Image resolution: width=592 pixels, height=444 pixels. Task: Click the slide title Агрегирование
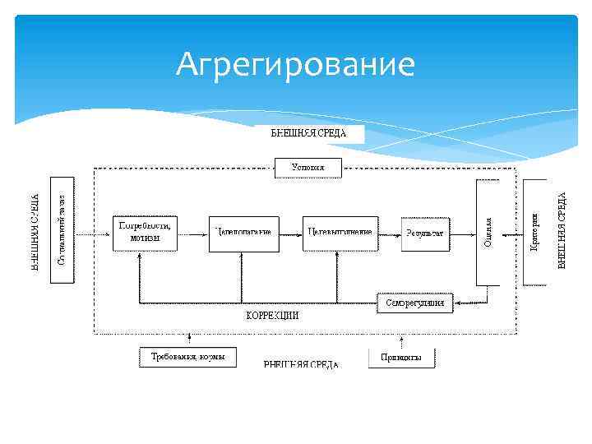[x=295, y=64]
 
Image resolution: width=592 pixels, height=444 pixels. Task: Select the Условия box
[x=308, y=168]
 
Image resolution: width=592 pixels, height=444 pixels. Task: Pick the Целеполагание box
[x=243, y=233]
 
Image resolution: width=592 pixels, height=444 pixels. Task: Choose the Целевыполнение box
[x=340, y=233]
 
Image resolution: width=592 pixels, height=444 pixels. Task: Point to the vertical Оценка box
[x=488, y=232]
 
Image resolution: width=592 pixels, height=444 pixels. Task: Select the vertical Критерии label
[x=535, y=232]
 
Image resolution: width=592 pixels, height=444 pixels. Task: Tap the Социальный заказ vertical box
[x=62, y=229]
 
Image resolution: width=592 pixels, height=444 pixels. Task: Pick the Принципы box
[x=401, y=358]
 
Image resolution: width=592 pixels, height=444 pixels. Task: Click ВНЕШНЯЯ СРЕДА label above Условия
[x=308, y=133]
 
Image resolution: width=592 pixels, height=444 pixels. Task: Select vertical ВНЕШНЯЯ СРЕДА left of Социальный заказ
[x=36, y=232]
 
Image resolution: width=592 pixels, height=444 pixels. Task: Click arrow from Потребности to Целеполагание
[x=195, y=233]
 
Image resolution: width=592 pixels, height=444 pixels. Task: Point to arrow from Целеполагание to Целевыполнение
[x=289, y=233]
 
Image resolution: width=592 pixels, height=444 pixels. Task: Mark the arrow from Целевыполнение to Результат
[x=390, y=233]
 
